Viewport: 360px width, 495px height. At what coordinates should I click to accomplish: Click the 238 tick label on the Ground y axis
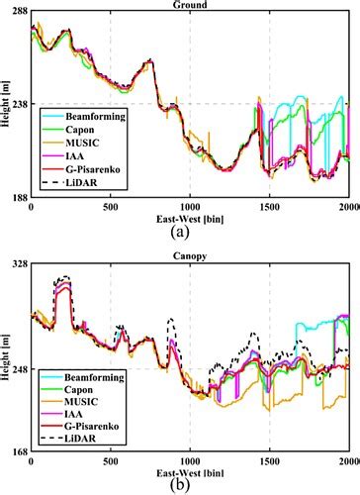point(18,103)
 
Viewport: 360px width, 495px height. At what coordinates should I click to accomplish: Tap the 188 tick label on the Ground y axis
point(18,196)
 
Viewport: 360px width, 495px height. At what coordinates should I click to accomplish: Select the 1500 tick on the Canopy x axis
point(269,462)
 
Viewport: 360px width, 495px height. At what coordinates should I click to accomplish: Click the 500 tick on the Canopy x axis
point(110,462)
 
